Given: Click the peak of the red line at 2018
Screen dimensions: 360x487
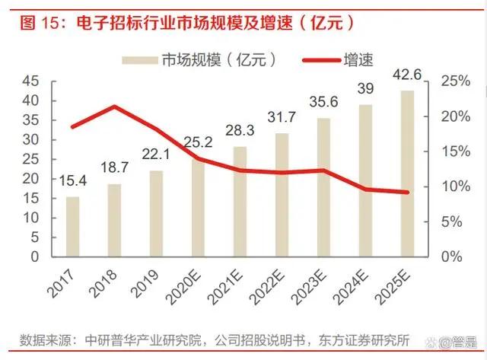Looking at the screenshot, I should tap(114, 107).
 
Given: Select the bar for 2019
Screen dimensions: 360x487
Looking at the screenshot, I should tap(156, 213).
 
